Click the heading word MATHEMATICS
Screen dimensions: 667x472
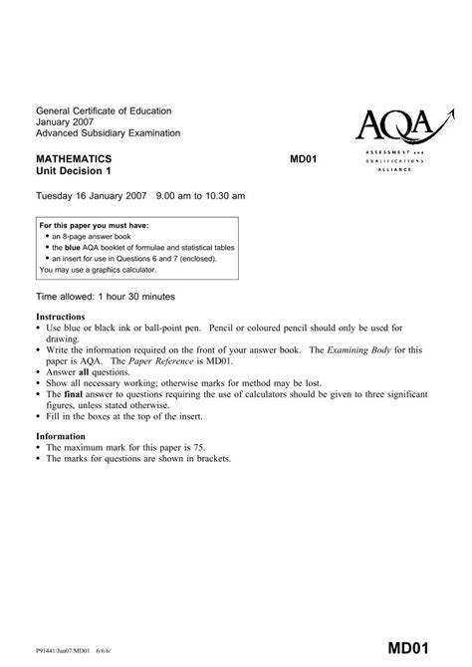[x=74, y=158]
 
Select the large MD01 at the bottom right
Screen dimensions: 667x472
[x=415, y=648]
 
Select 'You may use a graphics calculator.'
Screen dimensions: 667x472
[x=102, y=269]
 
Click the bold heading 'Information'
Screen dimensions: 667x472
[x=62, y=436]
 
